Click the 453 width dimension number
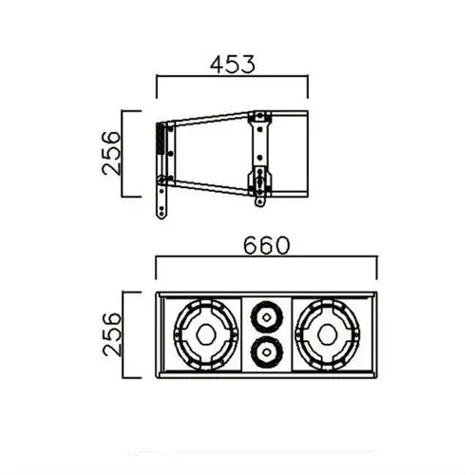[x=232, y=66]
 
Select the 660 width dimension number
[x=265, y=246]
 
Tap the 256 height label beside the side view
[x=112, y=152]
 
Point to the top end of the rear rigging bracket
[x=258, y=118]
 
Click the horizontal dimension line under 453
[x=232, y=81]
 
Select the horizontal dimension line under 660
[x=265, y=262]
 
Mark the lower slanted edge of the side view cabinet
[x=209, y=186]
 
